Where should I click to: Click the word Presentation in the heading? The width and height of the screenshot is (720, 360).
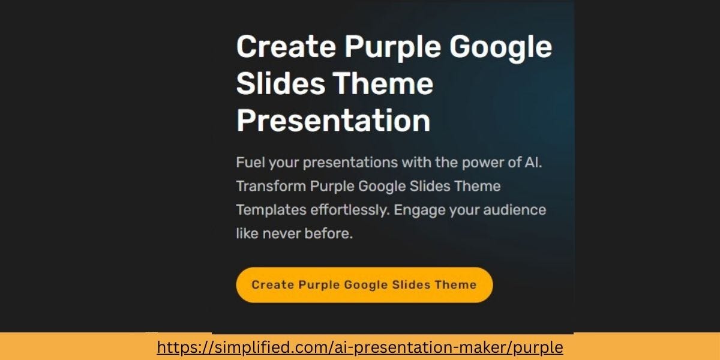tap(333, 120)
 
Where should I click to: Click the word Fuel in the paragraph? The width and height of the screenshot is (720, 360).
tap(250, 162)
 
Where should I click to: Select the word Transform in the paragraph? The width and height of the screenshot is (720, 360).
tap(271, 186)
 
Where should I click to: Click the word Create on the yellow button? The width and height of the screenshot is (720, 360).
tap(272, 285)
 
